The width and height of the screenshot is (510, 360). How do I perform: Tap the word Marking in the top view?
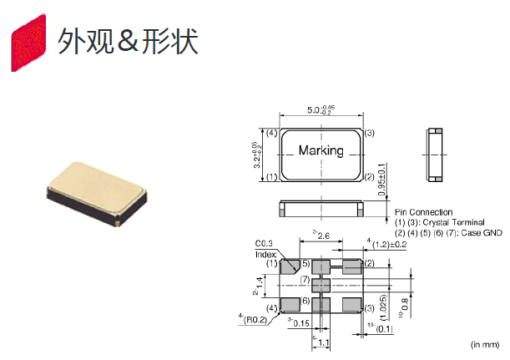pyautogui.click(x=321, y=150)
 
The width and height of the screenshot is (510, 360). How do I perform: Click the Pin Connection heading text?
pyautogui.click(x=424, y=212)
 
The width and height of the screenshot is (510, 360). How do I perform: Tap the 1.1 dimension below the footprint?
pyautogui.click(x=323, y=342)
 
